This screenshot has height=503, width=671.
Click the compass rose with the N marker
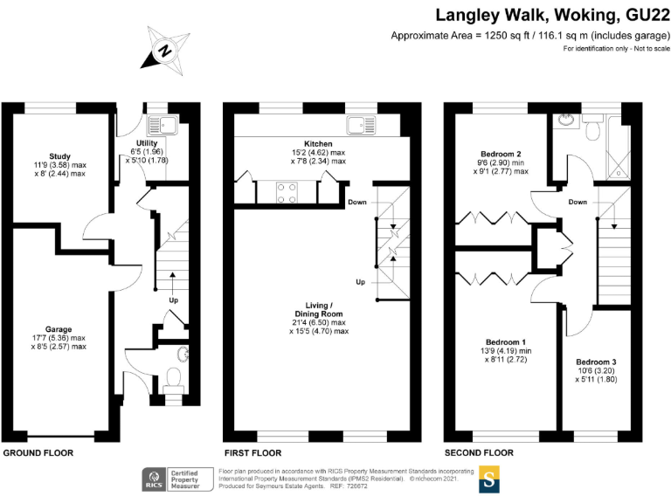[165, 52]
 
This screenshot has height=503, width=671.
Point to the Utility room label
[146, 142]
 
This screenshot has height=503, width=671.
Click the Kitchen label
[318, 143]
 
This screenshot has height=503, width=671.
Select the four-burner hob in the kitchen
[288, 191]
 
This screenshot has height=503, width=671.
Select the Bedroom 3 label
[596, 362]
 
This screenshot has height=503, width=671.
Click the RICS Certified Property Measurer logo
[177, 479]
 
